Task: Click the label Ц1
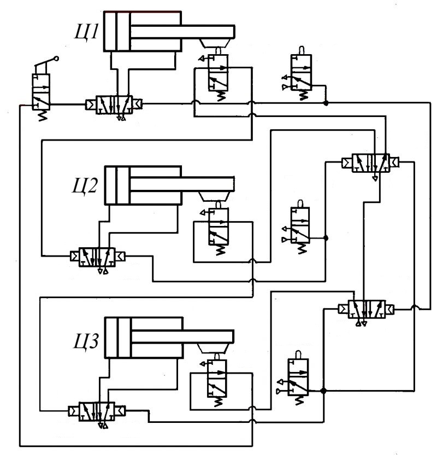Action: click(87, 33)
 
